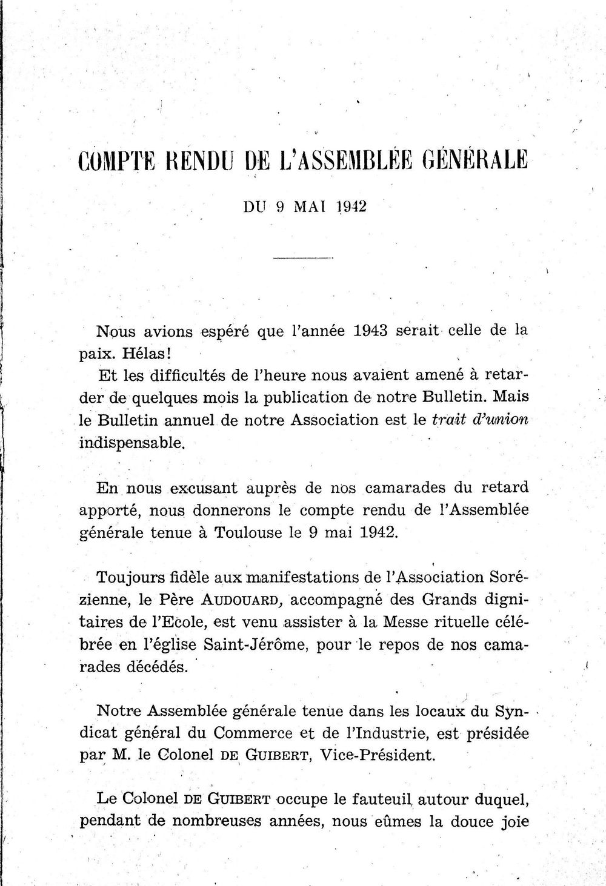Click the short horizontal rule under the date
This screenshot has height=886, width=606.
(303, 259)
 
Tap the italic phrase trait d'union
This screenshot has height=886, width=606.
(479, 420)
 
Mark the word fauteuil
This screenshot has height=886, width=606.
(364, 800)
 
